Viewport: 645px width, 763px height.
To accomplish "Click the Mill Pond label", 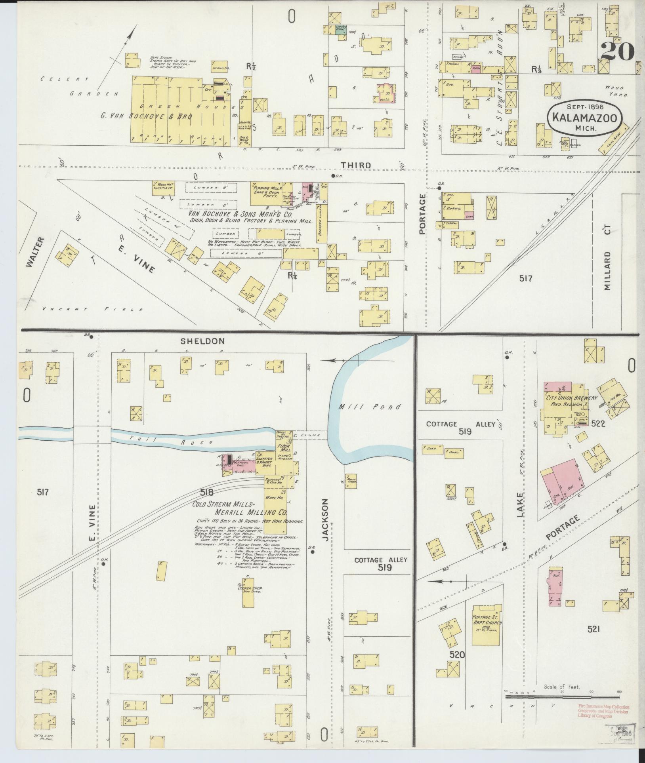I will click(369, 407).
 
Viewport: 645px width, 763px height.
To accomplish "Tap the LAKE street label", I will click(520, 505).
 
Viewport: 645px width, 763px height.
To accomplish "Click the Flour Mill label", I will click(285, 448).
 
